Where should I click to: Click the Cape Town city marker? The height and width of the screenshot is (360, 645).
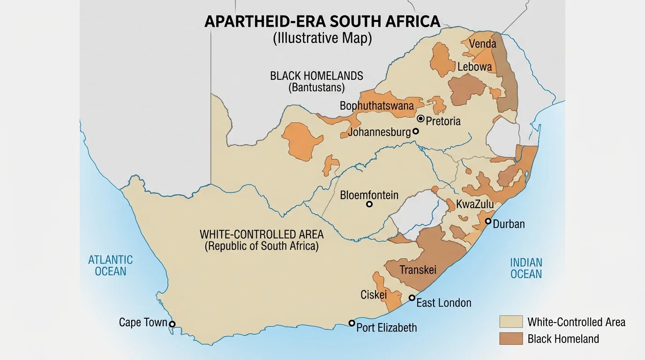(x=172, y=324)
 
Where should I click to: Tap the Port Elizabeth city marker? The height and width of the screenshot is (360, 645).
(x=352, y=322)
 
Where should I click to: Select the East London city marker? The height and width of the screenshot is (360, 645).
(x=412, y=298)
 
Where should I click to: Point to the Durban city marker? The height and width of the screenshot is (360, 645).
(x=488, y=221)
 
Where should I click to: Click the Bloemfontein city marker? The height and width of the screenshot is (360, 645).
(x=369, y=204)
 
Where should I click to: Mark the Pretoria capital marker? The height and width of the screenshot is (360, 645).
(x=420, y=119)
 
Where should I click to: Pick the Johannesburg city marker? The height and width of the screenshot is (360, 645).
(x=415, y=132)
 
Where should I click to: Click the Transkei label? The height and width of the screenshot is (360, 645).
(x=418, y=270)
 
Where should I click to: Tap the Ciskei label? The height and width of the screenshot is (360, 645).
(x=374, y=295)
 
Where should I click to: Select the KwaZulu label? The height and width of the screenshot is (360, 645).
(x=475, y=204)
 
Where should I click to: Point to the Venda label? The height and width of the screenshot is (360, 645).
(x=482, y=44)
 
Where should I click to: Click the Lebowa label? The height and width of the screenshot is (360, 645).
(x=475, y=67)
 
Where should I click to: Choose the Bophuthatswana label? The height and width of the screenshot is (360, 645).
(x=377, y=106)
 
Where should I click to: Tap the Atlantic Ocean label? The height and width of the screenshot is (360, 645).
(x=111, y=265)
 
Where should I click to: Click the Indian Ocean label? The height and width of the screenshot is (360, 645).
(x=526, y=268)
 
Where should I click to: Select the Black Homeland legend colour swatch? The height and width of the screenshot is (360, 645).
(x=510, y=338)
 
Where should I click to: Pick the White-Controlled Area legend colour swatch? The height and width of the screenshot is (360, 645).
(x=510, y=322)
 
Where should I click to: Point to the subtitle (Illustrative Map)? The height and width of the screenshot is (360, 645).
(x=322, y=38)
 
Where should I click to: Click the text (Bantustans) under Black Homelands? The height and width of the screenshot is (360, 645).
(x=316, y=87)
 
